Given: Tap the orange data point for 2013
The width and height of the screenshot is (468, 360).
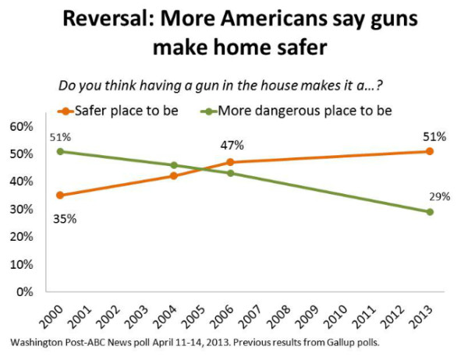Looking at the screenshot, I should coord(430,151).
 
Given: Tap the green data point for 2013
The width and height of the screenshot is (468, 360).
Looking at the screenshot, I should coord(430,212).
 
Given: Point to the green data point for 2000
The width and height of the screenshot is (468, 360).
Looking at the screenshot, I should coord(59,151).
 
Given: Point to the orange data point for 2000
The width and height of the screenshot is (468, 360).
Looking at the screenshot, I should coord(59,195).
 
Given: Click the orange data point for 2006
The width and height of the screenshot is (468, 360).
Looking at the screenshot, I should coord(230,162).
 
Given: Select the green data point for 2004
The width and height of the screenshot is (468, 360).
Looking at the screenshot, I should coord(173,165).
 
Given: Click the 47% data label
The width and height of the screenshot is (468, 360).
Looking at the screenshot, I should coord(232,145).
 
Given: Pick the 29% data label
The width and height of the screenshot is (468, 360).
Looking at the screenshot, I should coord(439,196).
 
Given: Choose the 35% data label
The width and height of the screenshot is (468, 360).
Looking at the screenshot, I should coord(65,218).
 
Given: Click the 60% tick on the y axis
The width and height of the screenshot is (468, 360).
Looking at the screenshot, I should coord(22,126).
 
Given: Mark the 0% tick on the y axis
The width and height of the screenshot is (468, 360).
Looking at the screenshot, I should coord(25,292).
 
